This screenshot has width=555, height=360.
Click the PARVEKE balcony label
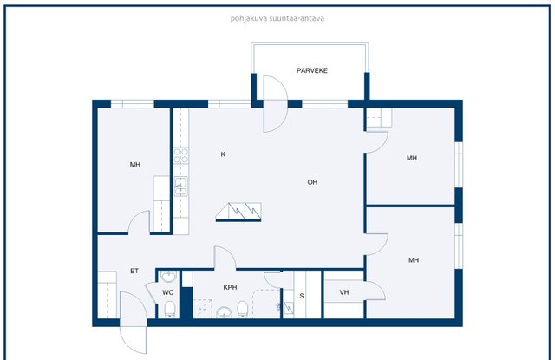[x=312, y=70]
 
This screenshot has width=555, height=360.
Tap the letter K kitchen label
[x=223, y=154]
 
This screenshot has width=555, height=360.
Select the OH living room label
[x=312, y=182]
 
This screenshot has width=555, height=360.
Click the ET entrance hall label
[x=134, y=272]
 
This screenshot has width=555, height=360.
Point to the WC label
[x=167, y=292]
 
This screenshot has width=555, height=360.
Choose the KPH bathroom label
[x=230, y=287]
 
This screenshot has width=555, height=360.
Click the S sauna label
[x=302, y=296]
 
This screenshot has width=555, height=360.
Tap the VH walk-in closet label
[x=344, y=292]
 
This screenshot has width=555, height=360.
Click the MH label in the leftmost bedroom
[x=135, y=165]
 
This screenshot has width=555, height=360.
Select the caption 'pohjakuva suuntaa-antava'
[x=277, y=18]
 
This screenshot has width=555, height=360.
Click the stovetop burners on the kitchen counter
[x=181, y=156]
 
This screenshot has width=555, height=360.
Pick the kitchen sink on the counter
[x=181, y=187]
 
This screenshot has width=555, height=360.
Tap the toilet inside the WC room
[x=170, y=310]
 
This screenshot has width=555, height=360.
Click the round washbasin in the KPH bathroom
[x=224, y=312]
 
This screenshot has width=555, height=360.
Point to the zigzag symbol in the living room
[x=238, y=212]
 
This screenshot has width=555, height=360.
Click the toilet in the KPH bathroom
[x=243, y=309]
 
